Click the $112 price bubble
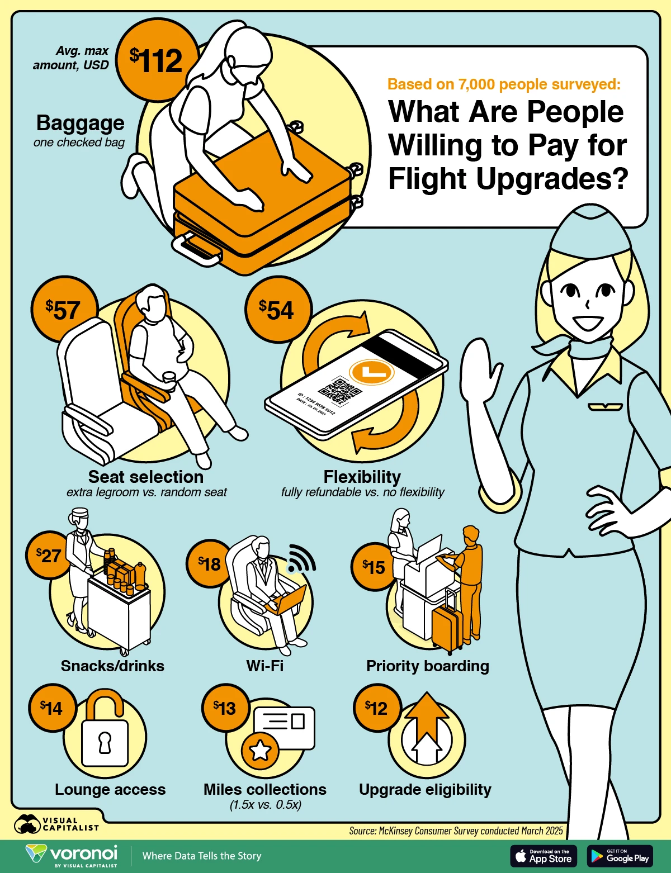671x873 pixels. pos(157,60)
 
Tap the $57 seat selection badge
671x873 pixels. pos(64,309)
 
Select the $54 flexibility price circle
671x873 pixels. pos(278,309)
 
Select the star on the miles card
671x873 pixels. pos(260,750)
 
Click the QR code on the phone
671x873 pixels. pos(339,390)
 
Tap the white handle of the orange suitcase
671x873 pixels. pos(196,250)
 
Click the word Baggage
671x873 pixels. pos(81,123)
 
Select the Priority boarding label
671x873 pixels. pos(428,666)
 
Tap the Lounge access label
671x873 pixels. pos(110,789)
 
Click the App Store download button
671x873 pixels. pos(544,856)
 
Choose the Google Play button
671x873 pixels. pos(620,856)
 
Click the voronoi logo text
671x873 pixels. pos(83,852)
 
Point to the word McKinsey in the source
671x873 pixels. pos(395,831)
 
